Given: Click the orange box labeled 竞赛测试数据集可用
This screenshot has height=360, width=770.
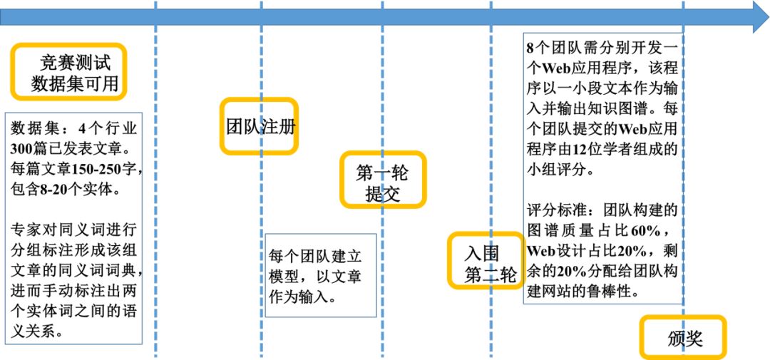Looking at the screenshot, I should (x=68, y=72).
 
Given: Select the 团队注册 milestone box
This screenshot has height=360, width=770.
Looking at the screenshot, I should (x=259, y=126).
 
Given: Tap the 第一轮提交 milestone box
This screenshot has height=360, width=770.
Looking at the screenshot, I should (x=382, y=180).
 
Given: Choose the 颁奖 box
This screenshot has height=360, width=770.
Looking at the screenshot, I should (x=683, y=337).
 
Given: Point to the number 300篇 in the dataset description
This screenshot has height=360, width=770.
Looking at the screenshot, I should (x=28, y=149).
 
